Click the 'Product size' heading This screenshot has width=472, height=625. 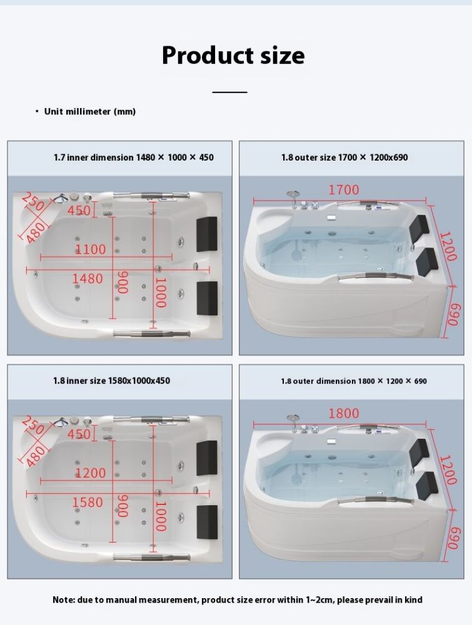coord(233,56)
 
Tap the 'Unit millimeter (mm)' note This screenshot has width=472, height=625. coord(89,112)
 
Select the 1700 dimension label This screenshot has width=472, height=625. coord(344,190)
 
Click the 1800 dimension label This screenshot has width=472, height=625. coord(344,413)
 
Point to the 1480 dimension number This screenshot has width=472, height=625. coord(88,278)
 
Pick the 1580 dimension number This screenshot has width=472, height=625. coord(88,502)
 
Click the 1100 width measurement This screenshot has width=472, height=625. coord(91,249)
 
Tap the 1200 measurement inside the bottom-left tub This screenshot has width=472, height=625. coord(91,472)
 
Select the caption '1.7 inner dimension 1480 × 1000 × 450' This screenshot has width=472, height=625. coord(134,157)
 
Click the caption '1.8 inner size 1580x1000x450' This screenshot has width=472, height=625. coord(112,381)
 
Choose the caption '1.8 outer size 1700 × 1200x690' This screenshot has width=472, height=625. coord(344,157)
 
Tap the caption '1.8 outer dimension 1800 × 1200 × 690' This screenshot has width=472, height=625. coord(354,381)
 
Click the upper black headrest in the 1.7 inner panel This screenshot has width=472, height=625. coord(207,234)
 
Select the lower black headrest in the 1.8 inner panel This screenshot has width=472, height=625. coord(207,522)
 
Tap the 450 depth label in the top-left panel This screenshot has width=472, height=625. coord(79,210)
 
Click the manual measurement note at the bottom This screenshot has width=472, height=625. coord(237,600)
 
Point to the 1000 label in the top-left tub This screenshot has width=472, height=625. coord(160,292)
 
